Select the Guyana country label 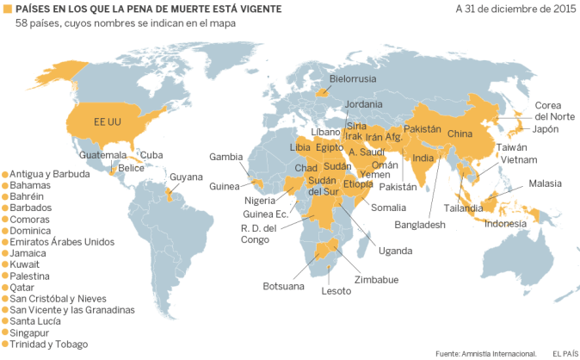(x=187, y=177)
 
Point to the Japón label (x=546, y=129)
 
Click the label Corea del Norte (x=554, y=110)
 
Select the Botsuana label (x=283, y=286)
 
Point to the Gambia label (x=226, y=157)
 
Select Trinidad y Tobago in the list (x=50, y=344)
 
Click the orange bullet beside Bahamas (x=5, y=185)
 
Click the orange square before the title (x=7, y=9)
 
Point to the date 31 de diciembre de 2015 (x=516, y=9)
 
